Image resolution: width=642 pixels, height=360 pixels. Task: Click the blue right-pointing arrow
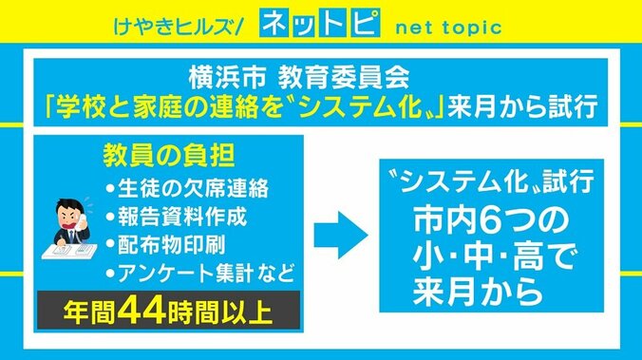(337, 229)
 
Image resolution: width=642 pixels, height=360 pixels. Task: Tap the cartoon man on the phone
(69, 220)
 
